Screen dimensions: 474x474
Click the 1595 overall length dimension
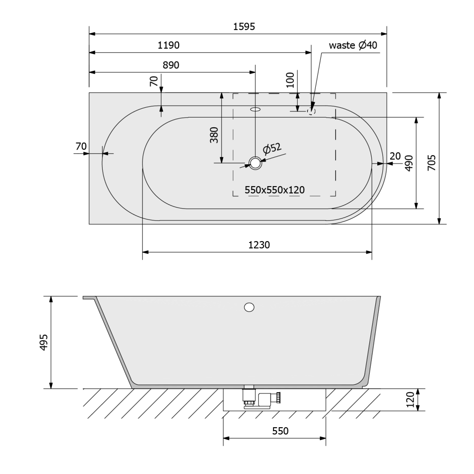(x=244, y=26)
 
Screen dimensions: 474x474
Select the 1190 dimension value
(x=168, y=45)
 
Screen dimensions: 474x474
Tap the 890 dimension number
(x=171, y=65)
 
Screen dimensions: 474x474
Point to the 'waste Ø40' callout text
(x=353, y=45)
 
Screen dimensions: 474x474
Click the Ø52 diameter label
(x=272, y=149)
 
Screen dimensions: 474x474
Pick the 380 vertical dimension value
(x=214, y=135)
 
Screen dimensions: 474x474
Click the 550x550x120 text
(x=274, y=190)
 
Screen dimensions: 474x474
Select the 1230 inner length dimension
(x=259, y=244)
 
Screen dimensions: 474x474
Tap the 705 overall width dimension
(x=432, y=162)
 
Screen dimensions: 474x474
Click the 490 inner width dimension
(x=409, y=163)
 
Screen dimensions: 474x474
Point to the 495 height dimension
(x=44, y=342)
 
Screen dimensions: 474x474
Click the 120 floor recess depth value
(x=410, y=399)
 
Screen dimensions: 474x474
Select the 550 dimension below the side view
(x=280, y=431)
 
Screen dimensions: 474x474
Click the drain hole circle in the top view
(x=256, y=163)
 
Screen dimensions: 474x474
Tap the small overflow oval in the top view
(x=256, y=109)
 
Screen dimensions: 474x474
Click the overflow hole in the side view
(x=249, y=307)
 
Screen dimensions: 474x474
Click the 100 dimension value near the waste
(x=290, y=80)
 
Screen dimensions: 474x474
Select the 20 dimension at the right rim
(x=395, y=156)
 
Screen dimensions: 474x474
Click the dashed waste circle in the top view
(x=312, y=112)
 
